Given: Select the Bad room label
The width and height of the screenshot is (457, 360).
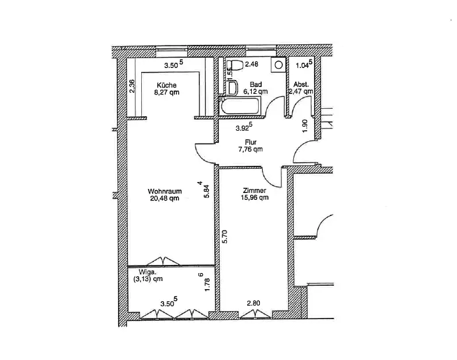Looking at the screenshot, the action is [256, 84].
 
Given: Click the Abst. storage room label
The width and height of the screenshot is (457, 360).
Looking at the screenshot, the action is [301, 84].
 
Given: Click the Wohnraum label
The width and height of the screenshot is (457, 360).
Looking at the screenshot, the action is [165, 191].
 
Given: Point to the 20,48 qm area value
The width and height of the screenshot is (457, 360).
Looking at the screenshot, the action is [165, 199].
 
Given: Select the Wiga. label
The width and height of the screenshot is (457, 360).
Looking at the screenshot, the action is [147, 271].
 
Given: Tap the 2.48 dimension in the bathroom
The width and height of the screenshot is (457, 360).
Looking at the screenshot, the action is [252, 65].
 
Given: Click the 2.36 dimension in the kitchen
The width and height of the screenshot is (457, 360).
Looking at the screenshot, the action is [132, 86].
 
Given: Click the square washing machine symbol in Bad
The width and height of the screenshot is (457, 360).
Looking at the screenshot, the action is [280, 65].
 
